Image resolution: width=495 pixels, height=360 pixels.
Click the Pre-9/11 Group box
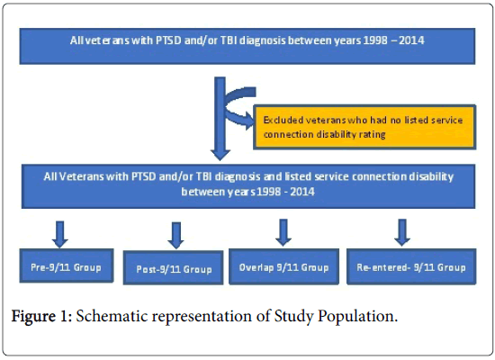pyautogui.click(x=67, y=265)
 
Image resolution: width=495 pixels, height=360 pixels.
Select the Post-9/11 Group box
pyautogui.click(x=173, y=268)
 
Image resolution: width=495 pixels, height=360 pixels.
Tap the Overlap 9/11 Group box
pyautogui.click(x=283, y=266)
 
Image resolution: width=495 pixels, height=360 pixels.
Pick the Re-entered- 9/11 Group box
pyautogui.click(x=411, y=266)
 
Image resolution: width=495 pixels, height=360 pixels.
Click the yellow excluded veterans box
pyautogui.click(x=364, y=127)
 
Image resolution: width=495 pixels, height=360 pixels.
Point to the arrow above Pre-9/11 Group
pyautogui.click(x=60, y=234)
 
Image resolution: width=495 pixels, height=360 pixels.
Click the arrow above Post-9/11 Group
pyautogui.click(x=175, y=236)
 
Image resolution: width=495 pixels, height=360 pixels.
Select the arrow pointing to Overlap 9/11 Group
pyautogui.click(x=283, y=233)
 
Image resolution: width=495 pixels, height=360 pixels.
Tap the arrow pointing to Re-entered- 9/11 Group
pyautogui.click(x=402, y=233)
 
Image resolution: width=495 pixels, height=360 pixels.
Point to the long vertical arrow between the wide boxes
pyautogui.click(x=220, y=119)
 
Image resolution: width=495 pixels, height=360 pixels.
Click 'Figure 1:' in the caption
pyautogui.click(x=42, y=316)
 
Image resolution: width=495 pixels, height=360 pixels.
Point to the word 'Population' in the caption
pyautogui.click(x=355, y=316)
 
